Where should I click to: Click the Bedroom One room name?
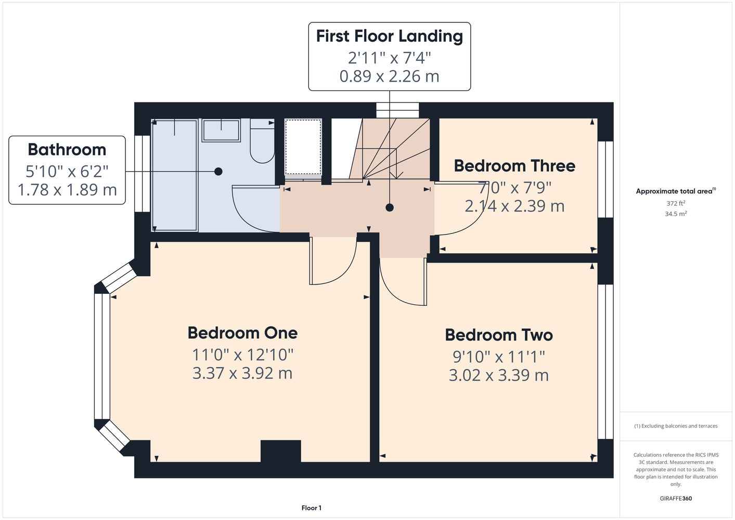pyautogui.click(x=242, y=333)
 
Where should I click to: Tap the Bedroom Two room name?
pyautogui.click(x=499, y=335)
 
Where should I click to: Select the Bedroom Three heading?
pyautogui.click(x=514, y=166)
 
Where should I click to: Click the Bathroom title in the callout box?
pyautogui.click(x=67, y=150)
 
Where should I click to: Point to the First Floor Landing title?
pyautogui.click(x=390, y=36)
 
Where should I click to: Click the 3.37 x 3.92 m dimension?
pyautogui.click(x=242, y=373)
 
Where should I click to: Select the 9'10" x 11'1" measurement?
pyautogui.click(x=499, y=357)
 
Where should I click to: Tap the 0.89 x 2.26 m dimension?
pyautogui.click(x=390, y=76)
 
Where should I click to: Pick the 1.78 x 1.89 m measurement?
pyautogui.click(x=67, y=190)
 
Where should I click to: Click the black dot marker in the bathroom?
pyautogui.click(x=218, y=171)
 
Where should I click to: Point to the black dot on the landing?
pyautogui.click(x=390, y=207)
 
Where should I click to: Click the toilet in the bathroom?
pyautogui.click(x=262, y=141)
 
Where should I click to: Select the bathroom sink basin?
pyautogui.click(x=221, y=131)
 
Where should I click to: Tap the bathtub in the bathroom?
pyautogui.click(x=175, y=176)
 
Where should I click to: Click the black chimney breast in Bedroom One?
pyautogui.click(x=281, y=451)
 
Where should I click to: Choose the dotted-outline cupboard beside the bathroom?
pyautogui.click(x=303, y=147)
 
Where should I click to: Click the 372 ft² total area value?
pyautogui.click(x=676, y=203)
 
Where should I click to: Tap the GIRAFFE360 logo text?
pyautogui.click(x=676, y=498)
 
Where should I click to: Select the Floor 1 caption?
pyautogui.click(x=312, y=508)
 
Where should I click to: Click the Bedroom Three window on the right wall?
pyautogui.click(x=605, y=179)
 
